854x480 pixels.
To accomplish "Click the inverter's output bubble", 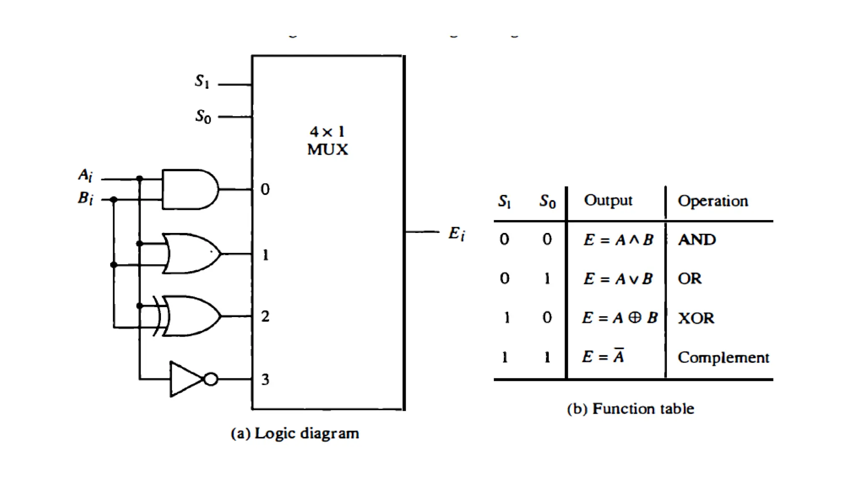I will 211,379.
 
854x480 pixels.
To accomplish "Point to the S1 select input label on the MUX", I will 202,81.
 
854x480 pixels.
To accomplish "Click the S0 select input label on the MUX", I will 203,116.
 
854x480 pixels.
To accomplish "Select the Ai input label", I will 85,175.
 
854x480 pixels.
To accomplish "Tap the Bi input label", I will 85,197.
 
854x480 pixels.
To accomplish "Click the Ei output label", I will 457,233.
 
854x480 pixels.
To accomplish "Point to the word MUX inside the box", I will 327,150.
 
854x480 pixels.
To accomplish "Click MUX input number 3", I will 265,379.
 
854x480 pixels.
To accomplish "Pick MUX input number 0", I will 265,189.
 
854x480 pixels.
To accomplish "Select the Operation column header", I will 713,201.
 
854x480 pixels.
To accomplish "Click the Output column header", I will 608,200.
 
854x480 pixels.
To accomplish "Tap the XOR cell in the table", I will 696,318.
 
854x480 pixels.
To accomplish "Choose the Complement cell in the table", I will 723,357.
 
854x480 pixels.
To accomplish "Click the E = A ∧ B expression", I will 618,240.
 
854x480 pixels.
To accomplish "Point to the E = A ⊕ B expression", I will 620,318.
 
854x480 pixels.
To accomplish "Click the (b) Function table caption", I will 630,409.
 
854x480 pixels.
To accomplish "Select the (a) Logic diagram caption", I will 295,433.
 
